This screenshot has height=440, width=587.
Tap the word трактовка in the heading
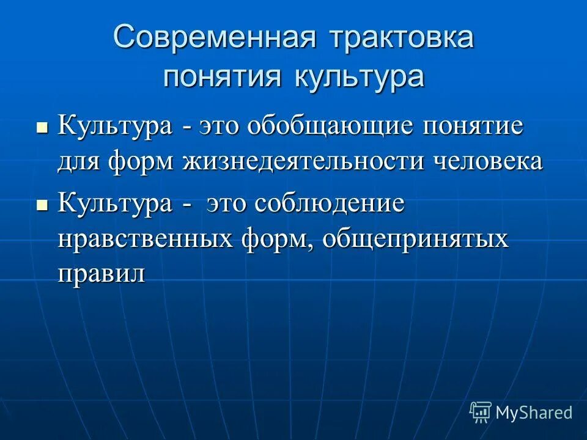tap(402, 38)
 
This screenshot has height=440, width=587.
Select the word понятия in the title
tap(222, 78)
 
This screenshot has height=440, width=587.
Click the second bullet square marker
tap(42, 206)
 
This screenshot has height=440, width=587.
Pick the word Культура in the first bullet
tap(115, 127)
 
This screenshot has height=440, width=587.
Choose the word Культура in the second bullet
tap(115, 204)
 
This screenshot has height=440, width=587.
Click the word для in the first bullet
tap(79, 161)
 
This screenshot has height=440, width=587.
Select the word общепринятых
tap(416, 238)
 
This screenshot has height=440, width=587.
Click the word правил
tap(102, 273)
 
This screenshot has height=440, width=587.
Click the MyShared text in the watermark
tap(534, 413)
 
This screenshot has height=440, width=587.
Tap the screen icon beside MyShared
tap(481, 412)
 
